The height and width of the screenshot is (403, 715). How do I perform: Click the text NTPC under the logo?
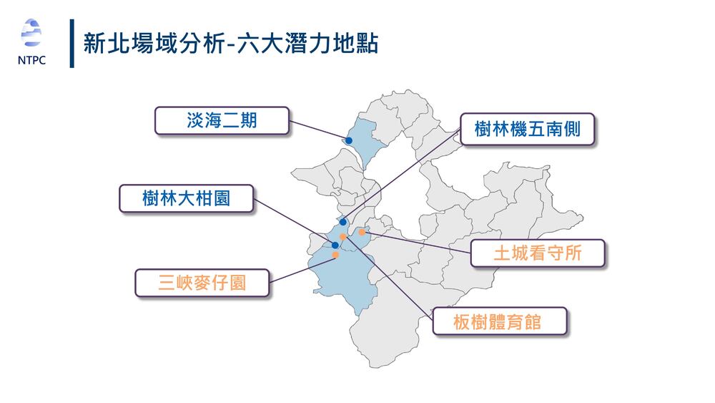pos(31,59)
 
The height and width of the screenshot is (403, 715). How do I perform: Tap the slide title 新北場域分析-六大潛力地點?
pos(230,44)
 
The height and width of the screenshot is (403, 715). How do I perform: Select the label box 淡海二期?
pos(222,121)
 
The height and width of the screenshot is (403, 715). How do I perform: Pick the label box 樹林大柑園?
pos(186,198)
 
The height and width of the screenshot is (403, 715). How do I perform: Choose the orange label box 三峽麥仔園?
pos(202,282)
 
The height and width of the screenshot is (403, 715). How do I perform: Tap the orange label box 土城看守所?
pos(537,253)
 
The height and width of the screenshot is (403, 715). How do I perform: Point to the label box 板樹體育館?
pos(500,321)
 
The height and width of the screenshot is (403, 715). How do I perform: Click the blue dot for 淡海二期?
pos(348,141)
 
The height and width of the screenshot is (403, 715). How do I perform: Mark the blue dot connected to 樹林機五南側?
pos(343,222)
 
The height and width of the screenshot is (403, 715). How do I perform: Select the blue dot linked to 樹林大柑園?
pos(335,245)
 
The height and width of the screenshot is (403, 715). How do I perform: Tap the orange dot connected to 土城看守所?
pos(363,232)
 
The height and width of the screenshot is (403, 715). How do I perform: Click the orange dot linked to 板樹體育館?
pos(343,236)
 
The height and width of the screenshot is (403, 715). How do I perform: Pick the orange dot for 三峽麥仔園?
pos(335,255)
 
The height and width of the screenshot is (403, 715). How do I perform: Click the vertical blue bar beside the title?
pos(72,44)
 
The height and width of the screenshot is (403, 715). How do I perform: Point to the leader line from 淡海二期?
pos(318,131)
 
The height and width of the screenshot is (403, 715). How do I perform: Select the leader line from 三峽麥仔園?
pos(300,268)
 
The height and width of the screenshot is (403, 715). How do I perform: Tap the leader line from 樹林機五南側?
pos(400,177)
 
